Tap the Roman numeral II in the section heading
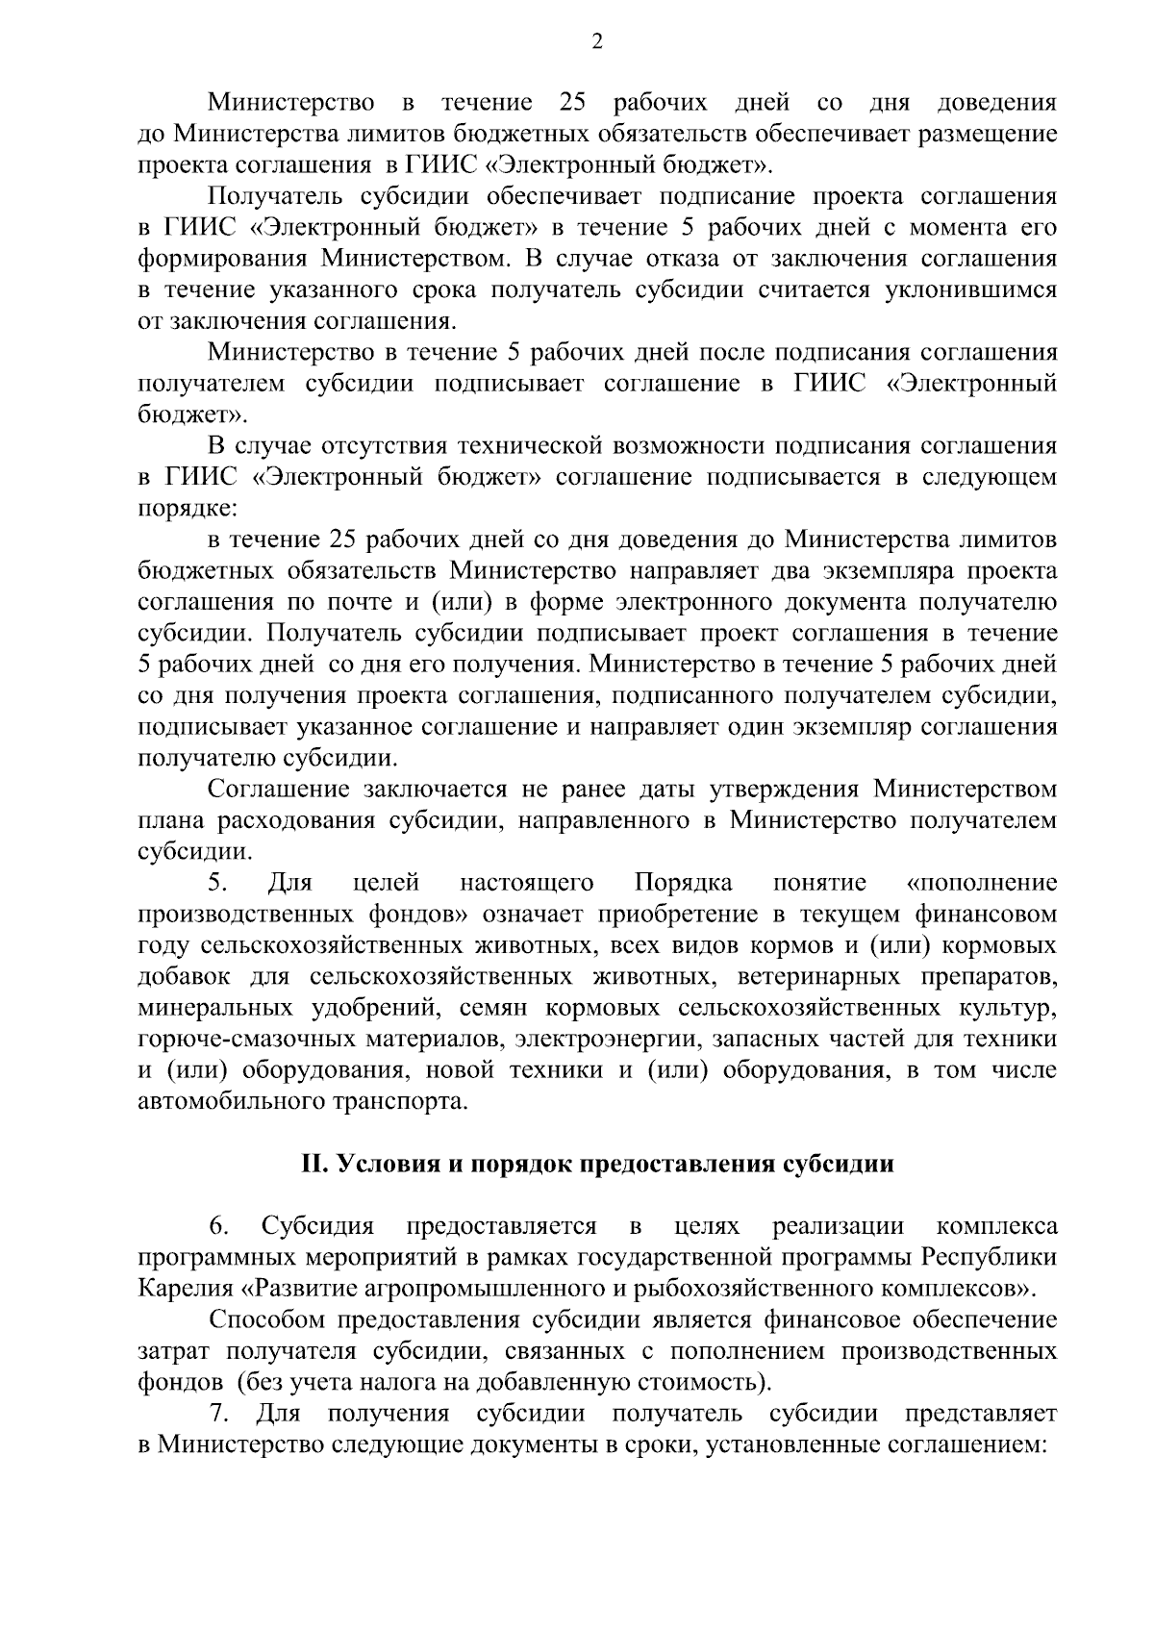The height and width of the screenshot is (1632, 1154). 314,1165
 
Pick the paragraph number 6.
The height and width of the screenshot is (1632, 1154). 217,1227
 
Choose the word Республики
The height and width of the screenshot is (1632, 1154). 990,1258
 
